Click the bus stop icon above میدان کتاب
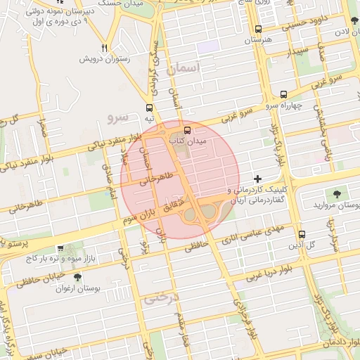(187, 130)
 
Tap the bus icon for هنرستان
(258, 30)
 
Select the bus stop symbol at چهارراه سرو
(283, 94)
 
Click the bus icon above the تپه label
(149, 108)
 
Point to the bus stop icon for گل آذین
(302, 234)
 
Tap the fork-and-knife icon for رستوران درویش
(104, 48)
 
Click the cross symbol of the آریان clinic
(258, 179)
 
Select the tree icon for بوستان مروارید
(335, 193)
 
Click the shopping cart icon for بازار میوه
(61, 248)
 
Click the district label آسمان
(184, 68)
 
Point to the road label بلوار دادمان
(340, 342)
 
